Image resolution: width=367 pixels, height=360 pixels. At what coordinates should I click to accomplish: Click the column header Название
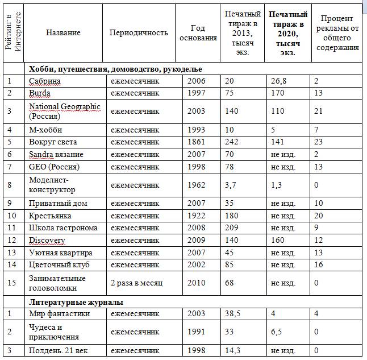click(63, 32)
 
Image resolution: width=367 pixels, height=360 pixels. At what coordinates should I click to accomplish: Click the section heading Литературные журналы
click(77, 302)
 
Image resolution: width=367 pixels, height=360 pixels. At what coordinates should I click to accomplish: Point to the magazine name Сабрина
click(45, 81)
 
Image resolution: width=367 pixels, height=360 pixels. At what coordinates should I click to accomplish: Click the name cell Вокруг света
click(53, 142)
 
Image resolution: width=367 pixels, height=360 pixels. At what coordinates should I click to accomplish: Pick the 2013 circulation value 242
click(232, 142)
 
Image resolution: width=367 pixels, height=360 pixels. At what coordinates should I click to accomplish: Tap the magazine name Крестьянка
click(50, 216)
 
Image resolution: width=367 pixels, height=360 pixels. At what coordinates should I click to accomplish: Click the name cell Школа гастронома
click(63, 227)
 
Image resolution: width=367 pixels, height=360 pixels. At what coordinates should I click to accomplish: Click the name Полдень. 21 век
click(60, 351)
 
